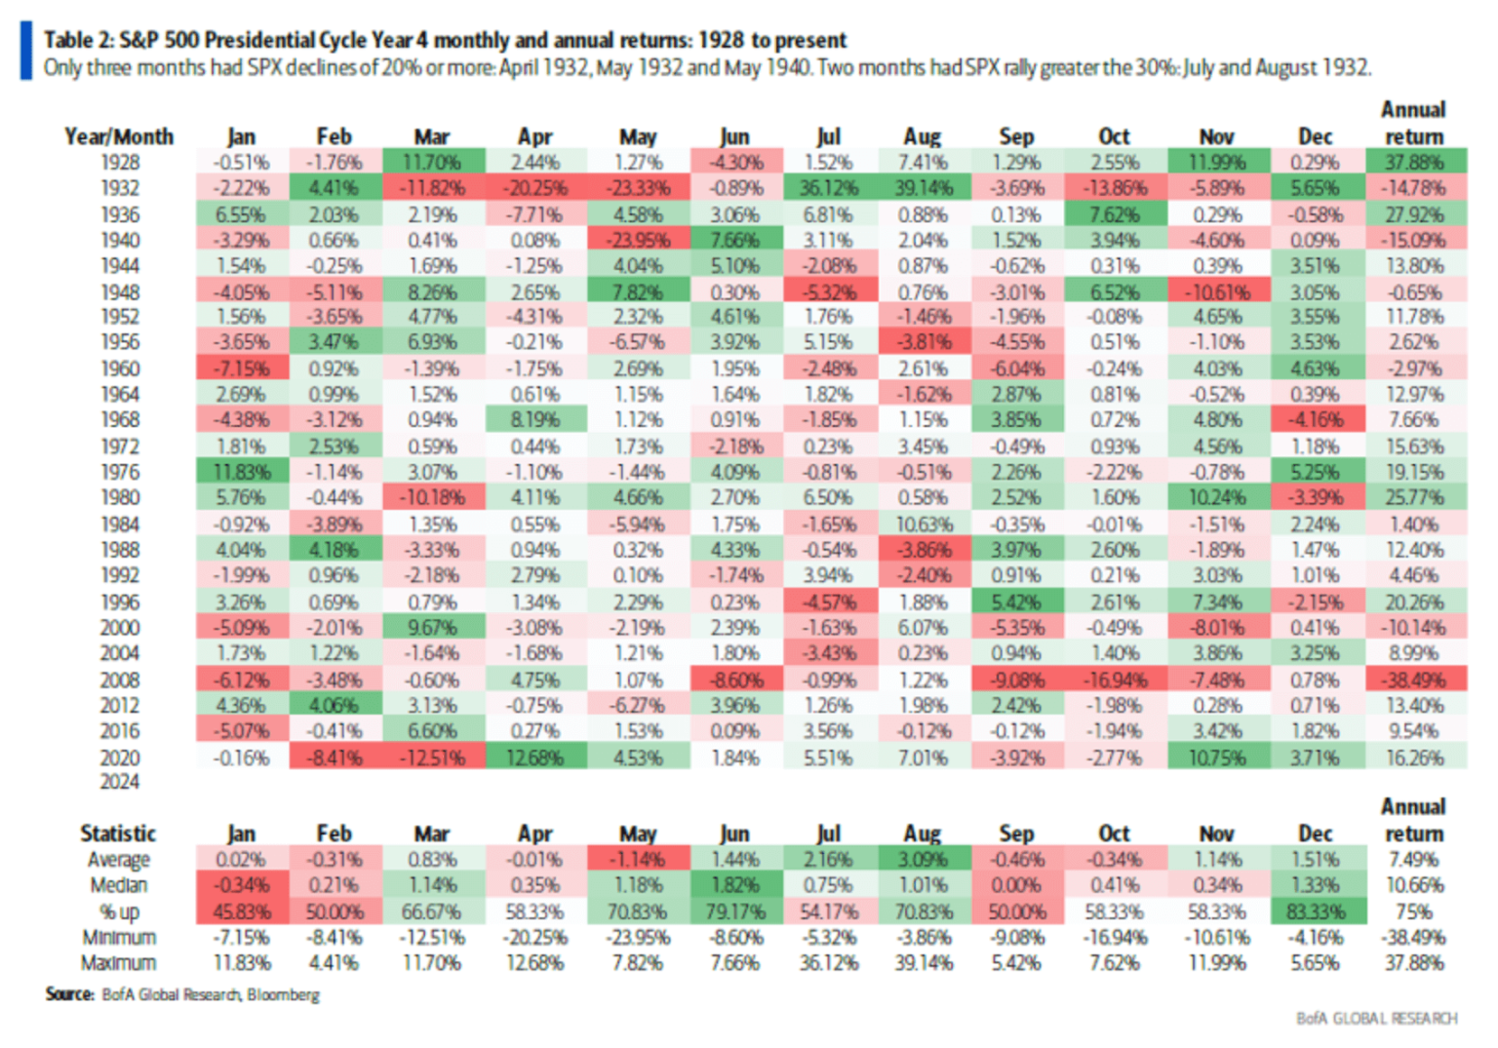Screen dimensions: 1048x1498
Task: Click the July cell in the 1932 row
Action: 828,188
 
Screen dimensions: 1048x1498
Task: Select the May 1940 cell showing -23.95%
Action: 638,240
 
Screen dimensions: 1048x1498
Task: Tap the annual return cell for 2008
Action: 1414,679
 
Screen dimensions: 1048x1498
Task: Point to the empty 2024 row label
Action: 119,782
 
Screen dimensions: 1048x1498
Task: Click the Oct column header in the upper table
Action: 1114,136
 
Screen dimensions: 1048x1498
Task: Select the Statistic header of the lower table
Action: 118,834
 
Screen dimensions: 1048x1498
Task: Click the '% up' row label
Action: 119,912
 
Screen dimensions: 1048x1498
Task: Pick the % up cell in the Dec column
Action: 1315,912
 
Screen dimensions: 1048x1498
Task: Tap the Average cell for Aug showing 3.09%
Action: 923,860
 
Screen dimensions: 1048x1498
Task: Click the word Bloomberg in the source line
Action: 283,995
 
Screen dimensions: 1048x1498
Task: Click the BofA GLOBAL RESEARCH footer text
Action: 1376,1019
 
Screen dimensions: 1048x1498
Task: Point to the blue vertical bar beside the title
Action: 25,52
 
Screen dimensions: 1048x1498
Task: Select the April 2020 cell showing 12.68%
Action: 534,757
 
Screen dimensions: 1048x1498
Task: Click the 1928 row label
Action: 119,163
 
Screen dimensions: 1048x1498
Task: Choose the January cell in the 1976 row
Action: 241,472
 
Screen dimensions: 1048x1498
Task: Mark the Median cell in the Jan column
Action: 241,886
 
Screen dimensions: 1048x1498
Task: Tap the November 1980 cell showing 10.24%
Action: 1216,497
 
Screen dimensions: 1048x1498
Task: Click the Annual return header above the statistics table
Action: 1413,820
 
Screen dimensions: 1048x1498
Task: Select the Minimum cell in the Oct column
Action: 1114,938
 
